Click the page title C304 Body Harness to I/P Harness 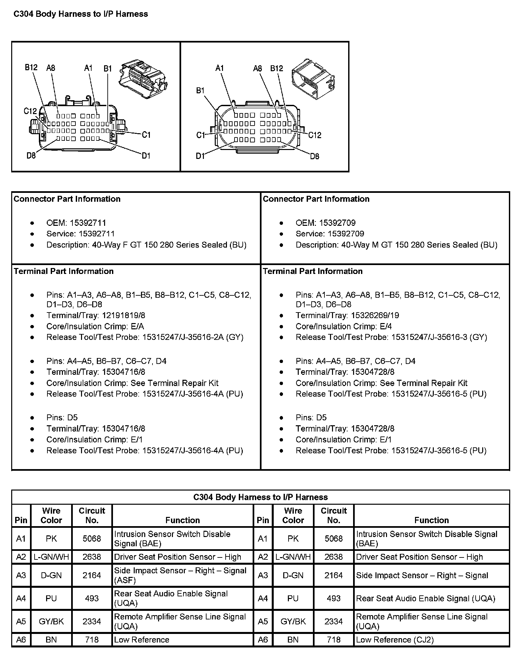tap(81, 14)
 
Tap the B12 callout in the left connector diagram tap(31, 68)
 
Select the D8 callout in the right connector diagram tap(315, 156)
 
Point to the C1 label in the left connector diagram tap(146, 135)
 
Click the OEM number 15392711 tap(88, 223)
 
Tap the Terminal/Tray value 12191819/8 tap(124, 315)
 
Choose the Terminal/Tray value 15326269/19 tap(375, 315)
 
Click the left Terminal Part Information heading tap(64, 271)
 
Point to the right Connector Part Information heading tap(316, 199)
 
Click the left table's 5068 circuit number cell tap(92, 538)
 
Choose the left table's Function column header tap(182, 520)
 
